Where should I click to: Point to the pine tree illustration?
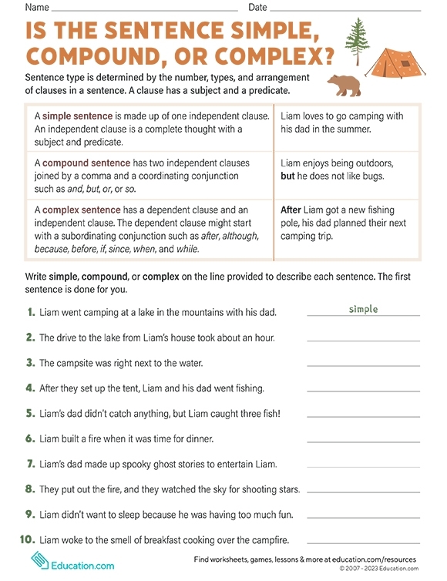(356, 42)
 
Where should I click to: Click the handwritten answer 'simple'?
(364, 309)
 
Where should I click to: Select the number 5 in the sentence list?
(31, 413)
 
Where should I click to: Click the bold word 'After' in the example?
(291, 210)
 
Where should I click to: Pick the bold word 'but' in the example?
(288, 176)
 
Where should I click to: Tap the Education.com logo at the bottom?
(72, 562)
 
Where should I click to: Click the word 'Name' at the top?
(38, 7)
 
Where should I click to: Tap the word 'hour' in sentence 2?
(262, 338)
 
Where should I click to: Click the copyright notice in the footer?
(378, 569)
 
